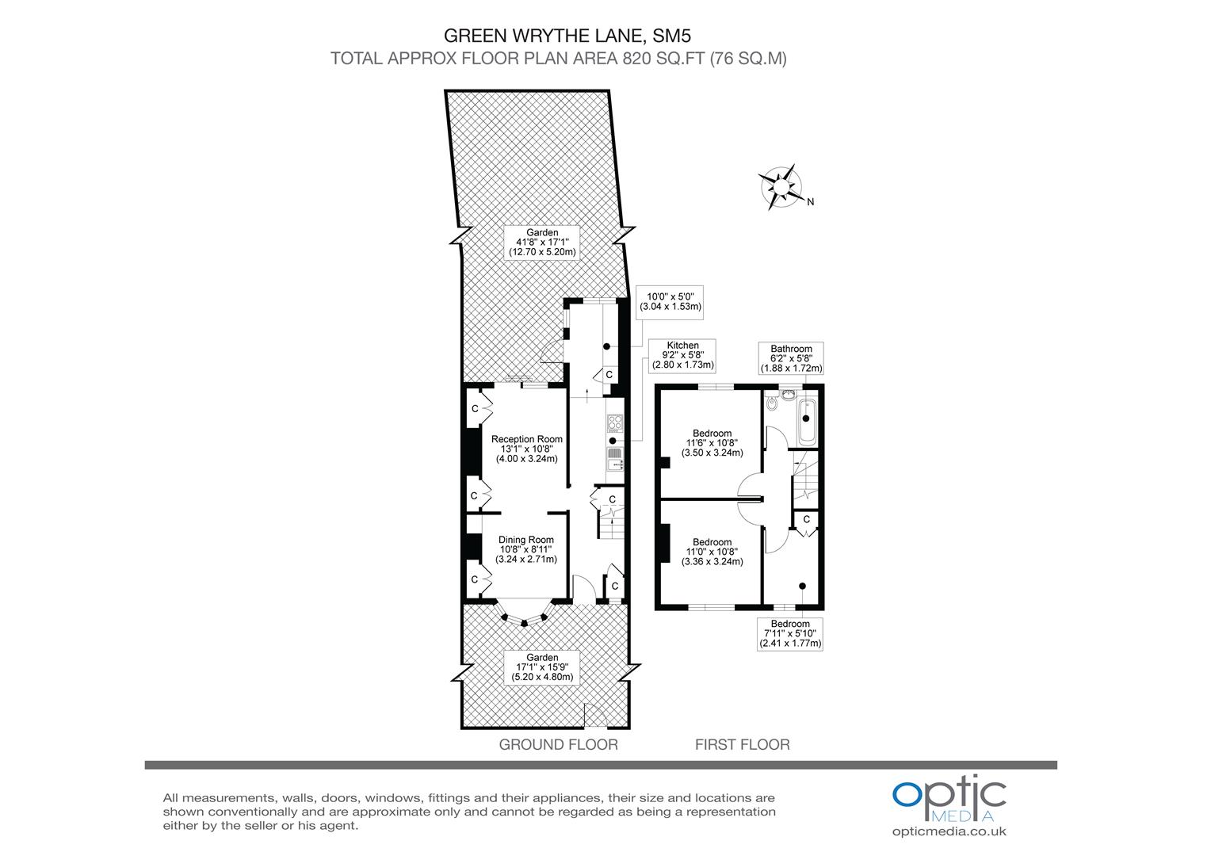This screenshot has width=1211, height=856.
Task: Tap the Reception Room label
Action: pyautogui.click(x=526, y=448)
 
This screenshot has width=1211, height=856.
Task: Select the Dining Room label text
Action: pyautogui.click(x=526, y=549)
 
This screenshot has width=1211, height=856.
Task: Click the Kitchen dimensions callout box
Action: pyautogui.click(x=682, y=355)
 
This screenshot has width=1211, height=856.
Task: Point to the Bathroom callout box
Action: pyautogui.click(x=791, y=358)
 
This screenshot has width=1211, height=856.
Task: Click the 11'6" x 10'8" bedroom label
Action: pyautogui.click(x=712, y=443)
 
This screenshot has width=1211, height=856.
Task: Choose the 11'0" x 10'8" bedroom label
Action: pyautogui.click(x=712, y=552)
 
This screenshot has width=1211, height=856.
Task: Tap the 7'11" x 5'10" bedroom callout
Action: pyautogui.click(x=790, y=633)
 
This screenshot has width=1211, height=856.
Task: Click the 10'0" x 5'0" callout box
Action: pyautogui.click(x=670, y=300)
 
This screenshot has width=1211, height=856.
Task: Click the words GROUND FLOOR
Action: pyautogui.click(x=558, y=744)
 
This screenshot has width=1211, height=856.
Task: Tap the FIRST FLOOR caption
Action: pyautogui.click(x=742, y=744)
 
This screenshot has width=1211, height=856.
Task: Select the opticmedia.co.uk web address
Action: pyautogui.click(x=949, y=831)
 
